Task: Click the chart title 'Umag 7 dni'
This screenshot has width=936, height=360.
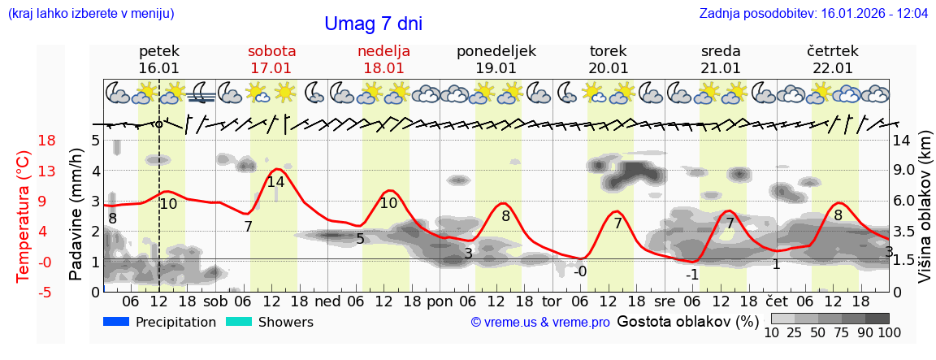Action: [x=373, y=24]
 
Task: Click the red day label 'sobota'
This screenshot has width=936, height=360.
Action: [x=271, y=51]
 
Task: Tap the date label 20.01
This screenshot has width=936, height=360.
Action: [x=609, y=68]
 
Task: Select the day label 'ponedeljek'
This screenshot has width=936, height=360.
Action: [x=496, y=51]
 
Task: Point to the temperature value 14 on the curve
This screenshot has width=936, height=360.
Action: [x=275, y=182]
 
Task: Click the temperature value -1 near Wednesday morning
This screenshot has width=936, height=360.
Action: [x=691, y=275]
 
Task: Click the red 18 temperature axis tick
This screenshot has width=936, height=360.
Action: [x=24, y=141]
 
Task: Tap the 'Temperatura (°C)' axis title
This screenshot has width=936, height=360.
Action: [x=24, y=216]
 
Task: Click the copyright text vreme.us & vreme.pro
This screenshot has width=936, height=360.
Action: [x=540, y=323]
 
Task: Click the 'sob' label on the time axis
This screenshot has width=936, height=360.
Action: [x=216, y=300]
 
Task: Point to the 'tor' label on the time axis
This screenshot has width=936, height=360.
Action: [x=552, y=300]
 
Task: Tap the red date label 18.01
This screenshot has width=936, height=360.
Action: [x=383, y=68]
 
